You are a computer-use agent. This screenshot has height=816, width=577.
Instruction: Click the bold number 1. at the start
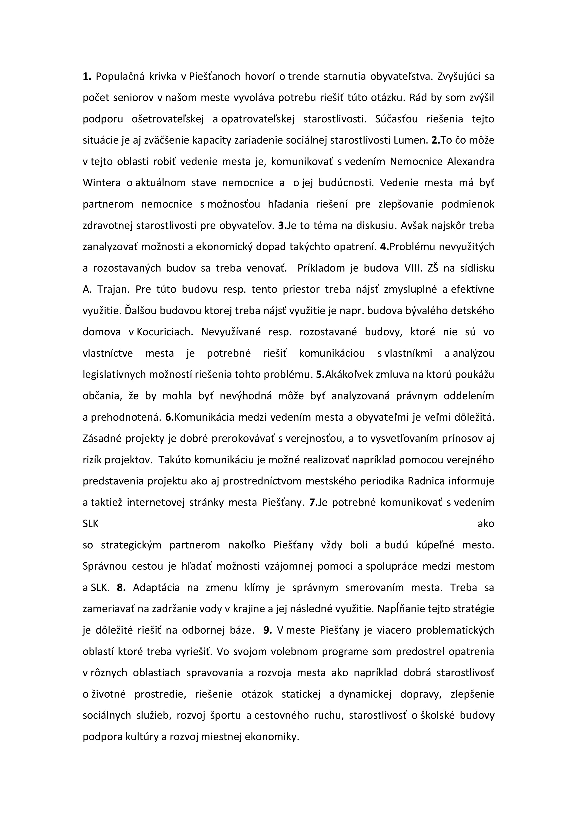87,76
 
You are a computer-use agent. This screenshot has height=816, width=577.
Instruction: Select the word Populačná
119,76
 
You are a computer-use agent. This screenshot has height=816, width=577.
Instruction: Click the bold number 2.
436,140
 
